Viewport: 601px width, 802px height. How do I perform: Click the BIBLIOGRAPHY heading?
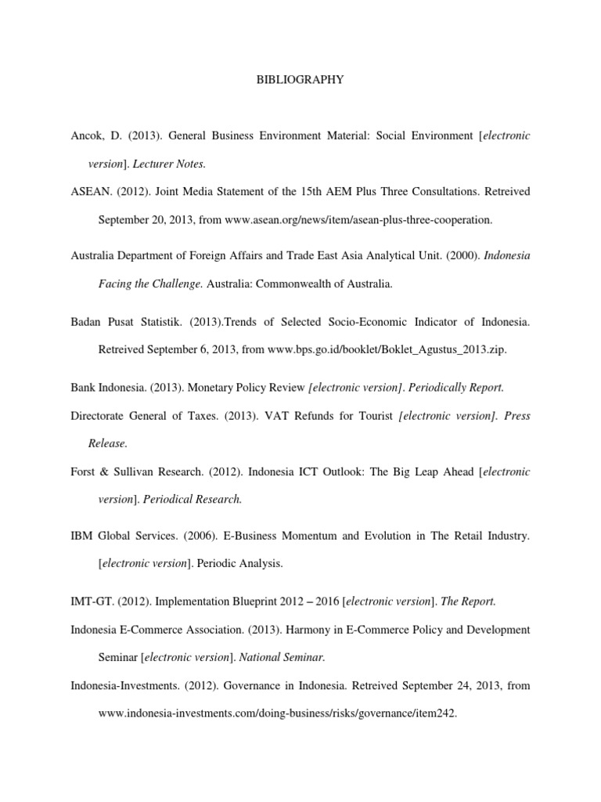click(300, 79)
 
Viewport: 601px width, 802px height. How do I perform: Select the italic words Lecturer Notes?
click(178, 164)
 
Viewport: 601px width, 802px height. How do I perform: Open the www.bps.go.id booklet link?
click(387, 349)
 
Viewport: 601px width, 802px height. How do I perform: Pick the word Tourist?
click(372, 415)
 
